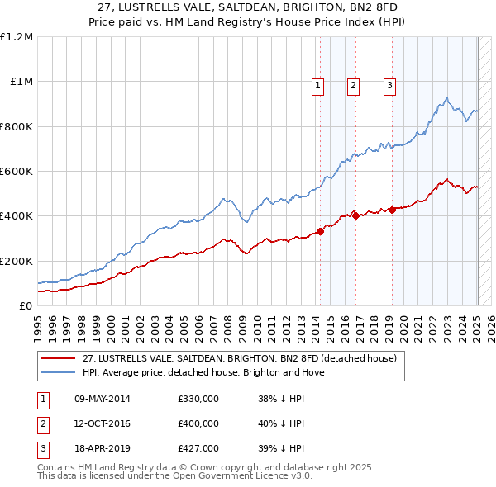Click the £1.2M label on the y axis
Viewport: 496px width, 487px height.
pyautogui.click(x=17, y=37)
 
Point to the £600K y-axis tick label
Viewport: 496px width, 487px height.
pyautogui.click(x=17, y=172)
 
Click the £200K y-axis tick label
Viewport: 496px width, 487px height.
pyautogui.click(x=17, y=261)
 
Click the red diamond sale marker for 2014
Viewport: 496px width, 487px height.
pyautogui.click(x=320, y=231)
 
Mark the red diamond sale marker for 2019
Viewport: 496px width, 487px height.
pyautogui.click(x=392, y=210)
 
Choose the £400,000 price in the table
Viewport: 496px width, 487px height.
pyautogui.click(x=198, y=423)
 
